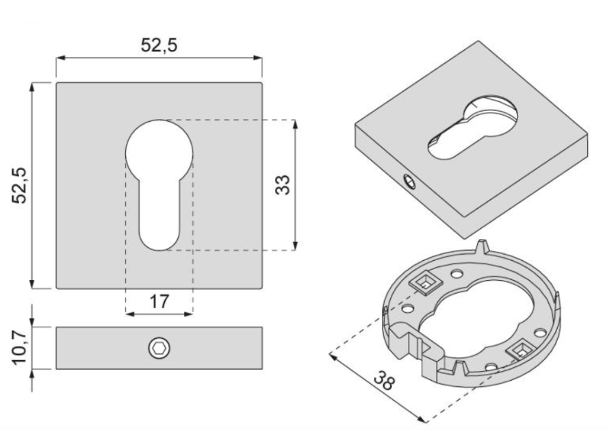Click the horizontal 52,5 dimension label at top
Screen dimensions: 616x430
tap(159, 45)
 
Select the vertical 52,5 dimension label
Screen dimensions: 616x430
tap(19, 186)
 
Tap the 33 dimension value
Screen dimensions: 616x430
tap(283, 184)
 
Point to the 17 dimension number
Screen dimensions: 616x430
tap(159, 301)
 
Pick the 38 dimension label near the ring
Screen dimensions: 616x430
tap(383, 381)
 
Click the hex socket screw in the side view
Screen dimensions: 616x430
tap(159, 349)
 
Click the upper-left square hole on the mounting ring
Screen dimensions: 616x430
tap(426, 283)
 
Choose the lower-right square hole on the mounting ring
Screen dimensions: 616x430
tap(522, 349)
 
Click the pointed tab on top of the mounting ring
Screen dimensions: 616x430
tap(483, 246)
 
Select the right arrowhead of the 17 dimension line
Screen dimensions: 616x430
tap(189, 314)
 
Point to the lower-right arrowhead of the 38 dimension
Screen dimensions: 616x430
tap(422, 420)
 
